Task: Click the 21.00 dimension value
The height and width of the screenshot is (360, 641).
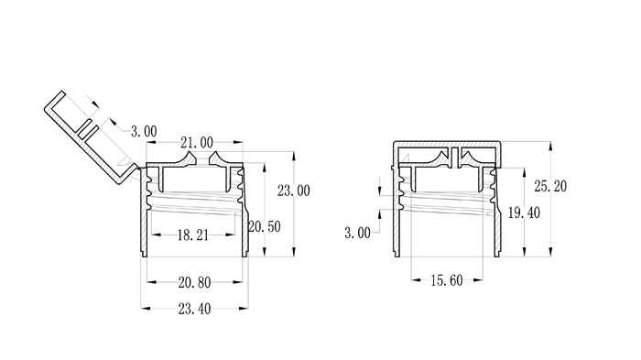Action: (197, 142)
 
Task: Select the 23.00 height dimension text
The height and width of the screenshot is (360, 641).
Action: (294, 191)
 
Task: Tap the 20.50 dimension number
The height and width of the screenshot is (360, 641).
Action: (265, 226)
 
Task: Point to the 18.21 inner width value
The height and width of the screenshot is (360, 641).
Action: (193, 235)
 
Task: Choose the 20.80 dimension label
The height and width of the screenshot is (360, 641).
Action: (194, 282)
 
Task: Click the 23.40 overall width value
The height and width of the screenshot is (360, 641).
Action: (194, 309)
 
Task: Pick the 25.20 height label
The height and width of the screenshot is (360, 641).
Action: (550, 187)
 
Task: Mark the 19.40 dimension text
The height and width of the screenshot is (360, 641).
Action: (524, 213)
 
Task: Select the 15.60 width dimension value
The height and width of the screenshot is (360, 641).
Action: (447, 280)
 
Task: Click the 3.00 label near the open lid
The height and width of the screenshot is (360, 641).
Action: (144, 131)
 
